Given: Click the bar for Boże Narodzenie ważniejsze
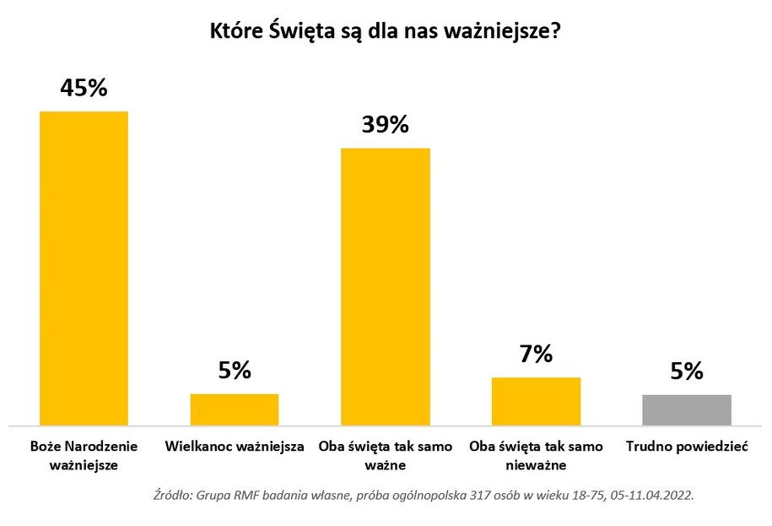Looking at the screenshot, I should [x=84, y=268].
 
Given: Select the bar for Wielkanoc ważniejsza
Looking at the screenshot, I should [x=235, y=409].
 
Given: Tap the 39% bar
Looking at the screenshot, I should [x=385, y=286].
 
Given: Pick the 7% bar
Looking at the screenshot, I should [x=536, y=401].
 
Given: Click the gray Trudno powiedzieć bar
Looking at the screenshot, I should [x=687, y=409].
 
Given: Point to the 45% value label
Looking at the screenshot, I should [x=84, y=87].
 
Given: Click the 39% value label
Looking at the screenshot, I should [x=385, y=125].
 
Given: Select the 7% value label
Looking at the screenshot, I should [x=536, y=354].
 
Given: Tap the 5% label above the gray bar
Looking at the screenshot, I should [x=687, y=371].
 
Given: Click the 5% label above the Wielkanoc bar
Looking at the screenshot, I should [x=235, y=370].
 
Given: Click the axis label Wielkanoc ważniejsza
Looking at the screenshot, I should [x=235, y=446].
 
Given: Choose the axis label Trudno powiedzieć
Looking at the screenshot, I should [x=687, y=446].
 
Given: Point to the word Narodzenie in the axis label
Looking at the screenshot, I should [x=102, y=446].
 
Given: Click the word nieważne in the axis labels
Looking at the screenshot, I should [x=536, y=464].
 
